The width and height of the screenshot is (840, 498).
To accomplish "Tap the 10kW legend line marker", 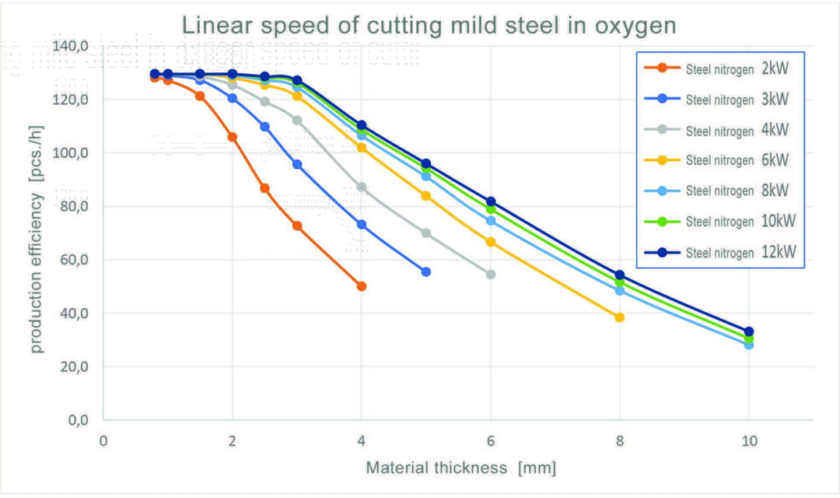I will coord(662,222).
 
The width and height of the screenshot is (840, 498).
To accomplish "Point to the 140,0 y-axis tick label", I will coord(70,46).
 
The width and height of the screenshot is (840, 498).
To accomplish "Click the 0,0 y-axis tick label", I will coord(78,420).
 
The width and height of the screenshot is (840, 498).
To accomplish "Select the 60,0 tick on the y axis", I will coord(74,260).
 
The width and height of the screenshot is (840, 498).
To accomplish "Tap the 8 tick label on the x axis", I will coord(619,441).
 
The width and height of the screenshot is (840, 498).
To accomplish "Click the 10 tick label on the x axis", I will coord(749,441).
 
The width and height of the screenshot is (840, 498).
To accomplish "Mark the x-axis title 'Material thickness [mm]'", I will coord(461,468).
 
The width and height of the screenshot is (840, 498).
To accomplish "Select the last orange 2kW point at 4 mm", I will coord(361,286).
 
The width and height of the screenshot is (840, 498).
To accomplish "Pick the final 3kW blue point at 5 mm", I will coord(426,272).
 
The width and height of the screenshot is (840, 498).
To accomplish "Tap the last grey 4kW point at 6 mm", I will coord(491,274).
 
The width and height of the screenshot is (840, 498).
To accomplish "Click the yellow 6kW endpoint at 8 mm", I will coord(619,317).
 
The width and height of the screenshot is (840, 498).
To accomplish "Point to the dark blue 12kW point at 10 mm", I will coord(749,332).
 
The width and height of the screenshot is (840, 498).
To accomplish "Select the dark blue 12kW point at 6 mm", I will coord(491,202).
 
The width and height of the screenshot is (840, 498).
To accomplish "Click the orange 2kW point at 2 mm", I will coord(232,137).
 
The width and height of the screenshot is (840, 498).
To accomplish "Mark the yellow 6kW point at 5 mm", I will coord(426,196).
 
